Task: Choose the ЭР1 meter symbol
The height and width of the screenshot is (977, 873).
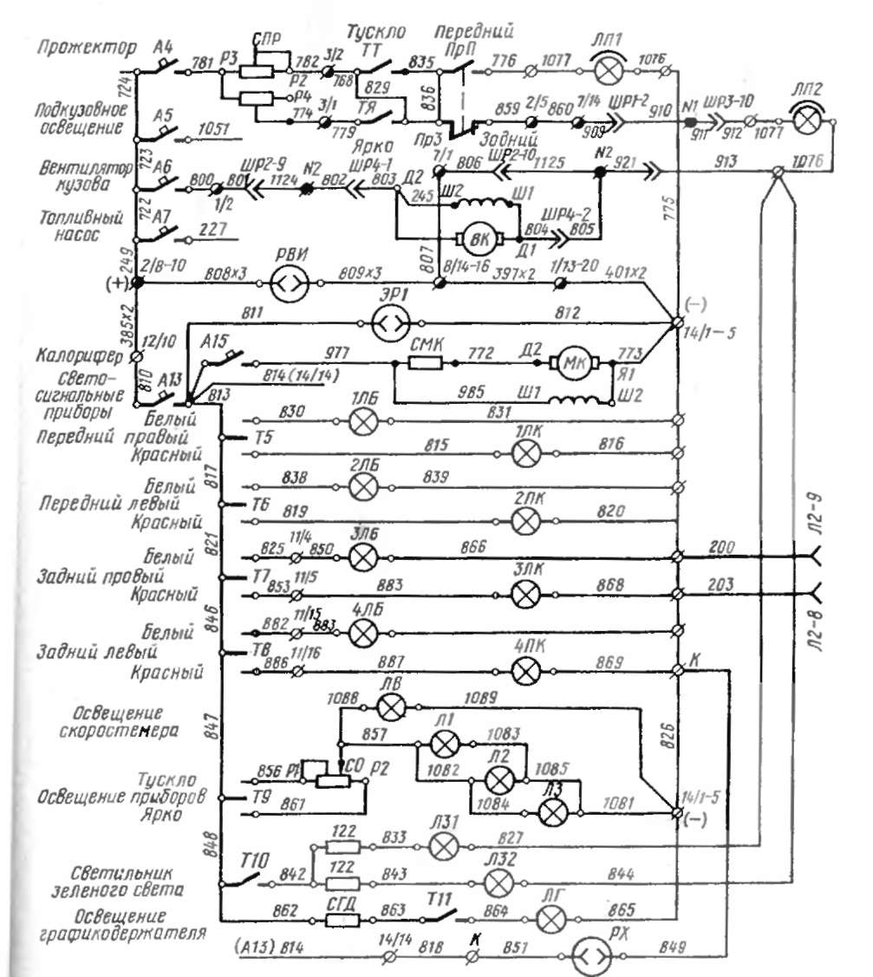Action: pyautogui.click(x=388, y=324)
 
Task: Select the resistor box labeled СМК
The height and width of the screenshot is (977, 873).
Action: pyautogui.click(x=427, y=361)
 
